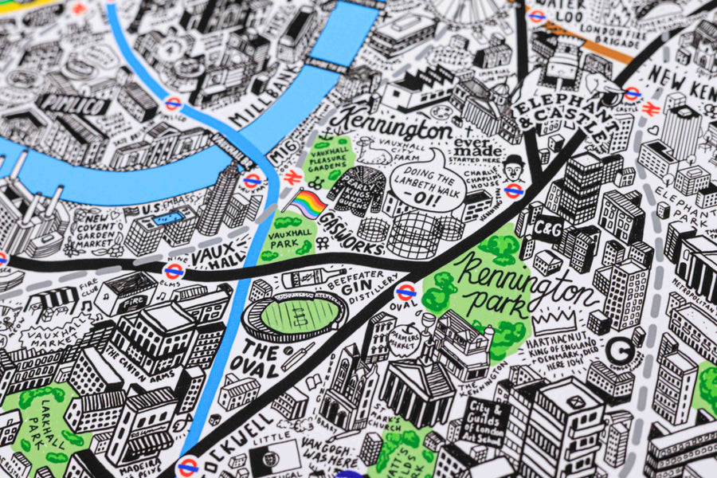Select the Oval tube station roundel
pos(406,292)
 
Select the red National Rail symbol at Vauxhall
pos(292,177)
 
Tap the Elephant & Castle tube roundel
pos(632,94)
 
